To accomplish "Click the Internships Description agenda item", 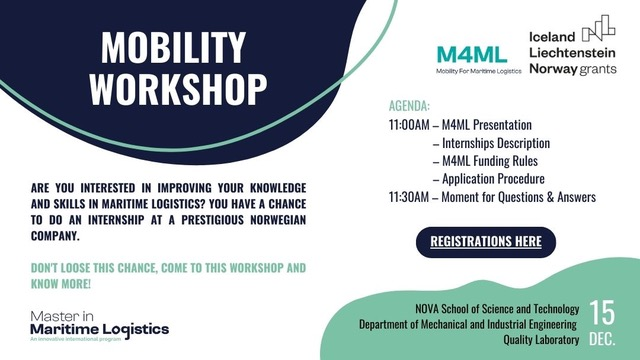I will tap(496, 143).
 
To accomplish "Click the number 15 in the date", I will tap(603, 310).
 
